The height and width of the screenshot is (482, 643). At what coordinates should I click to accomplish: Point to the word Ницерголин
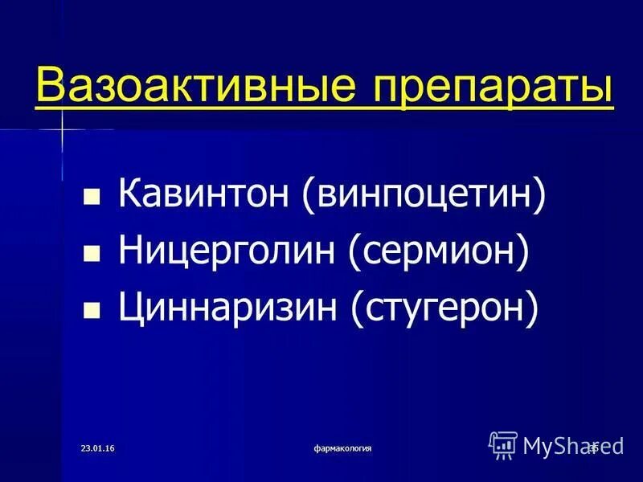[x=227, y=252]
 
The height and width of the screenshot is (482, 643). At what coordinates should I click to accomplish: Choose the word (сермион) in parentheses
[x=439, y=252]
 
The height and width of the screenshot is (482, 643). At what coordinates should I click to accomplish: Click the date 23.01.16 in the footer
[x=98, y=447]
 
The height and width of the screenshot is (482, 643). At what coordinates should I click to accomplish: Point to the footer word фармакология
[x=343, y=447]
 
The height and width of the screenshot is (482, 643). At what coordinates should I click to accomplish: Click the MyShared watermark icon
[x=503, y=443]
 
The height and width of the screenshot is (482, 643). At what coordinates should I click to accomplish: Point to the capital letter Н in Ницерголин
[x=132, y=252]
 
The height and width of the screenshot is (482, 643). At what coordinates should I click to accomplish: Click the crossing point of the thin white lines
[x=62, y=129]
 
